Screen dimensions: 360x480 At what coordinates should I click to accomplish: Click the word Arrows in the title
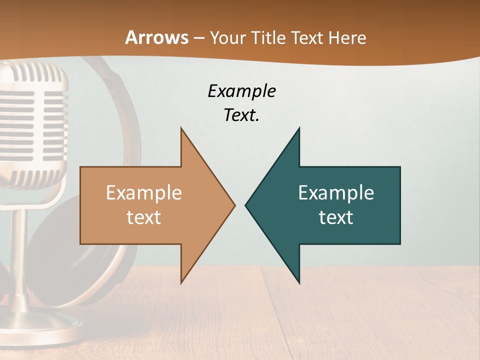156,37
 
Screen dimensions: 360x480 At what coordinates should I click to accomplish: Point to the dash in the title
198,38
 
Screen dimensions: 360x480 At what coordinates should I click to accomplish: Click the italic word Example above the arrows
241,91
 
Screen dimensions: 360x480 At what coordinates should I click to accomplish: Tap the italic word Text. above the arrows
241,115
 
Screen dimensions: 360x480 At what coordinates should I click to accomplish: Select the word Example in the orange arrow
144,193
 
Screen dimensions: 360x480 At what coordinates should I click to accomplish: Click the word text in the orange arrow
144,217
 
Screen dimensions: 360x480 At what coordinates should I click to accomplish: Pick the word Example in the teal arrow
336,193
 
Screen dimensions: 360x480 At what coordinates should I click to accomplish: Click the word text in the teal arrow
336,217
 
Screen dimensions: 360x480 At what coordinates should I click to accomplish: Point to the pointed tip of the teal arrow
246,205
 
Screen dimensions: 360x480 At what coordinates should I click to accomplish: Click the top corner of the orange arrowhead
181,128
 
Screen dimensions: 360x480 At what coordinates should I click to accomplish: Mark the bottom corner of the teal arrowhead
299,282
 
